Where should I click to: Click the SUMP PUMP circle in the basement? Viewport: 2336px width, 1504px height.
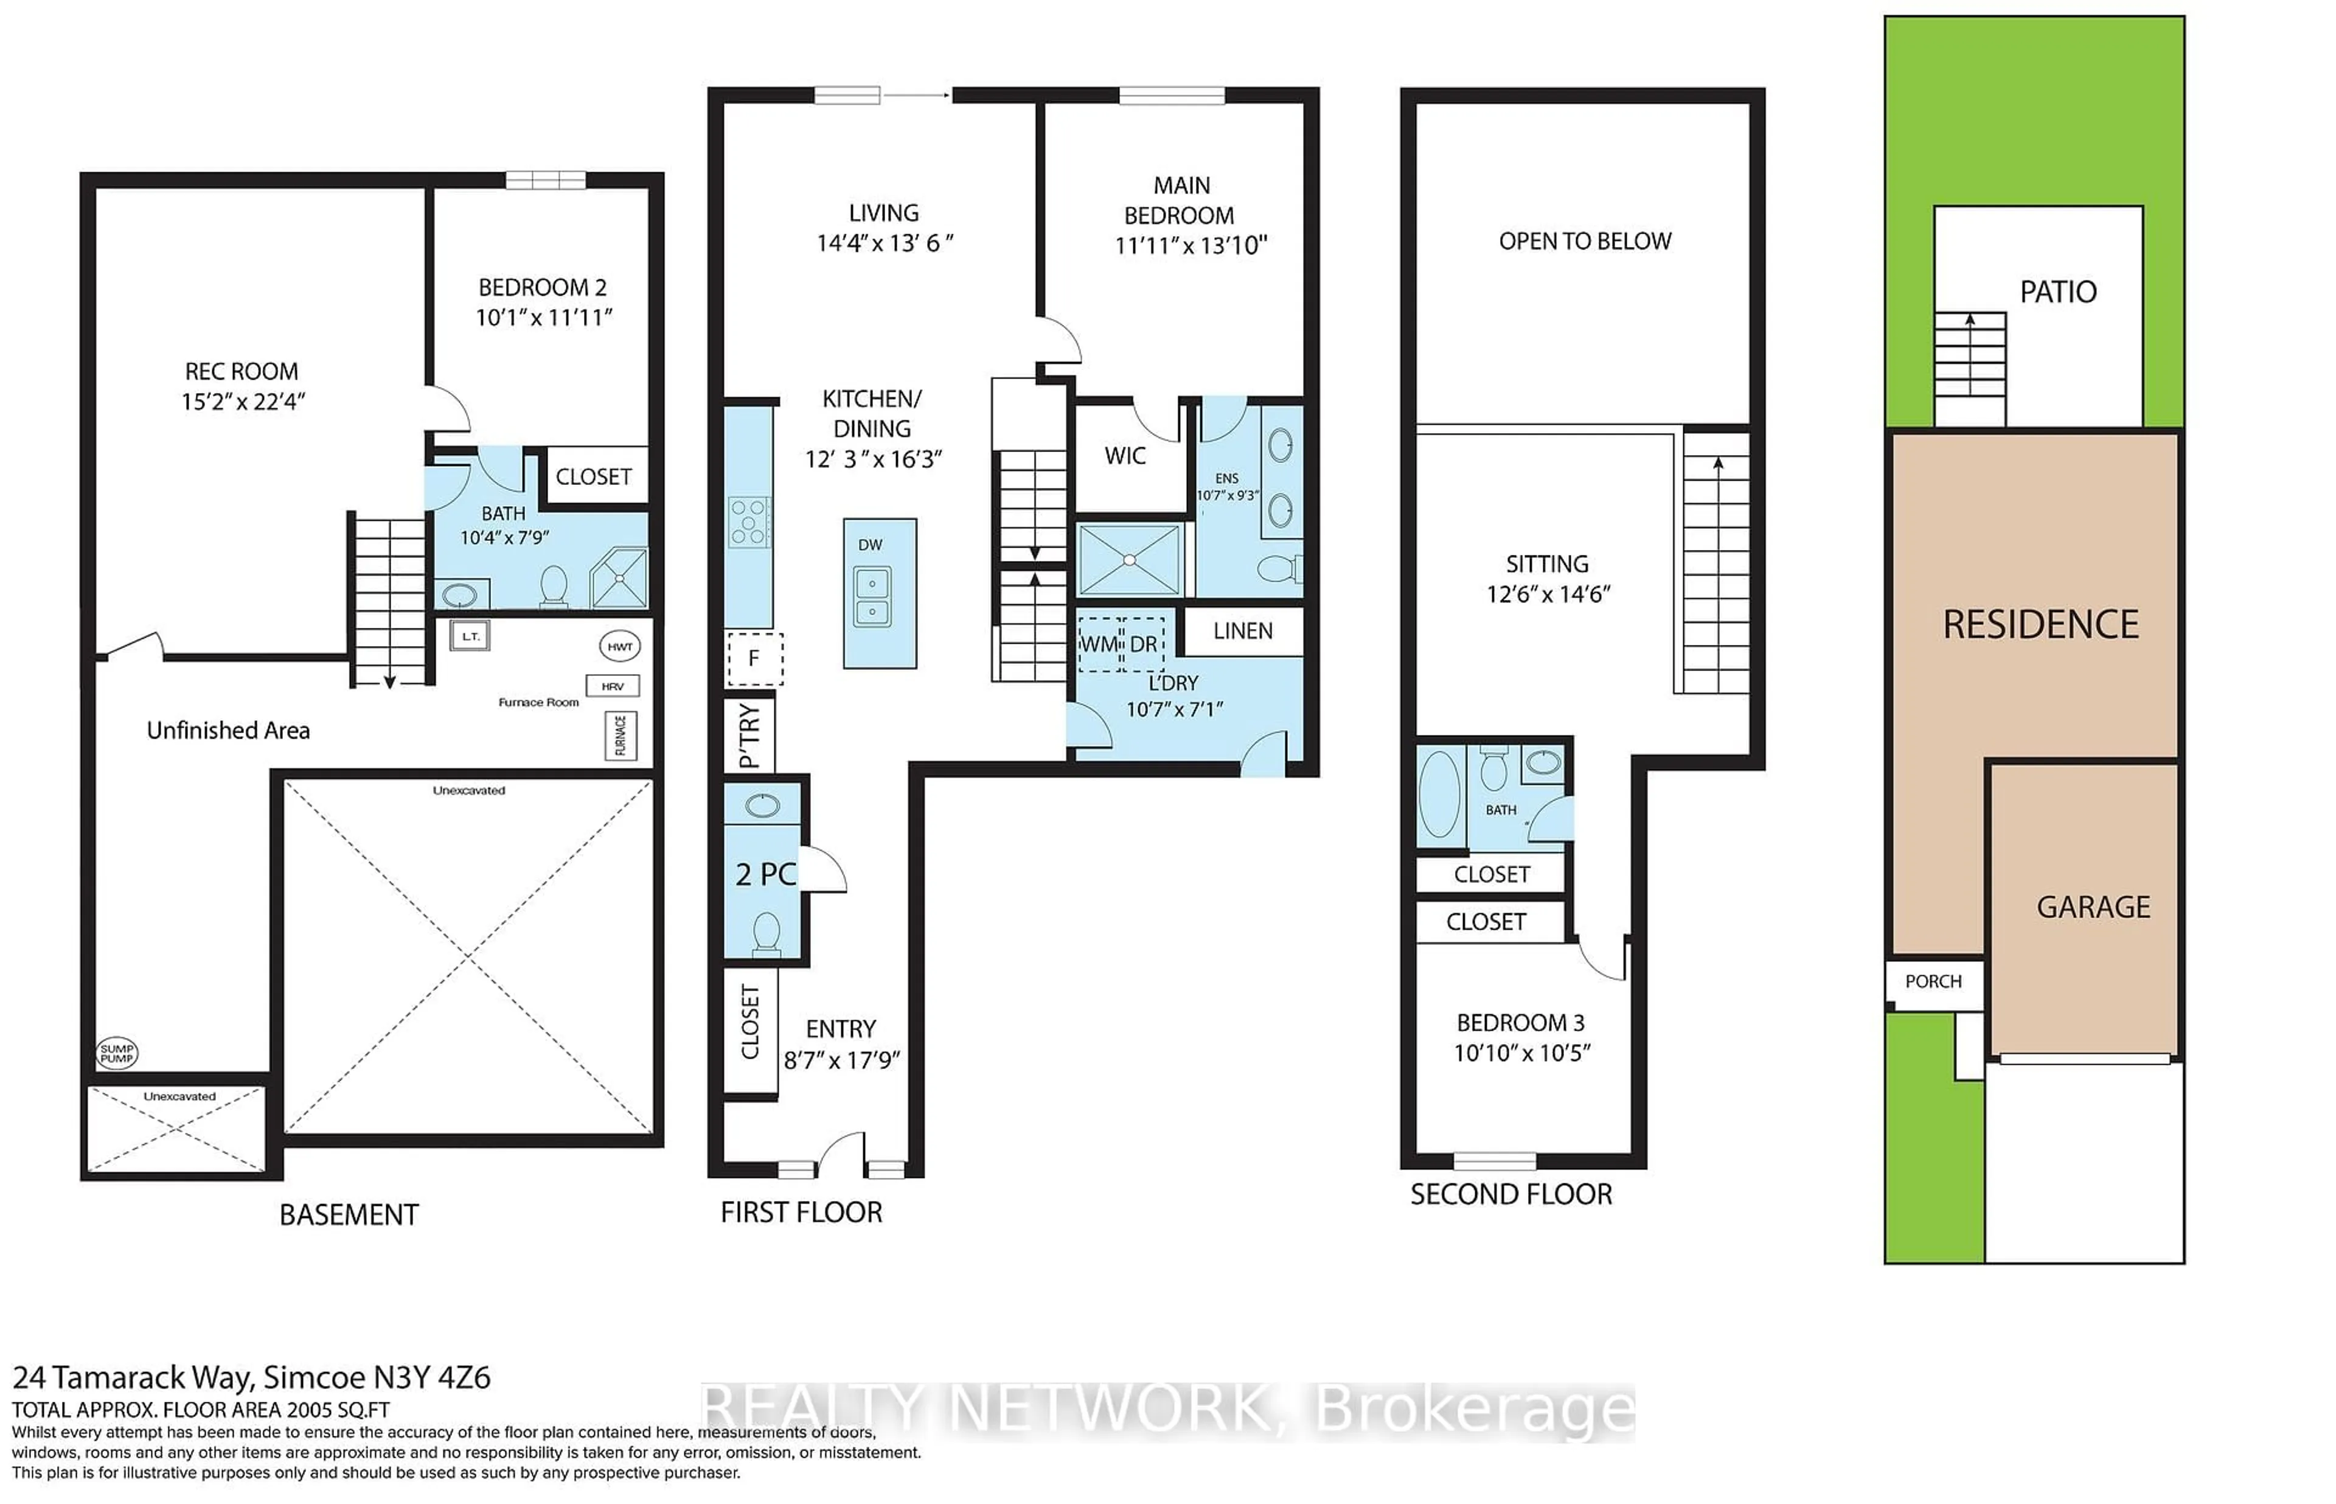click(117, 1053)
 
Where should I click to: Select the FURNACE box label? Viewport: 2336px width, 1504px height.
click(620, 736)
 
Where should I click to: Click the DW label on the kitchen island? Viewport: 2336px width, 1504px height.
click(870, 545)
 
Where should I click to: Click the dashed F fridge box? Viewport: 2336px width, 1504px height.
click(754, 658)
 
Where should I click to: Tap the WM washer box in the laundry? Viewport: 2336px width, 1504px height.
click(1099, 644)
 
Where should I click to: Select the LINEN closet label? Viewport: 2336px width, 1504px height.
click(1243, 631)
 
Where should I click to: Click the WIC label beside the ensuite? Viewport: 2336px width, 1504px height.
click(1125, 456)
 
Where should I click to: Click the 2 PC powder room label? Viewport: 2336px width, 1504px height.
click(765, 874)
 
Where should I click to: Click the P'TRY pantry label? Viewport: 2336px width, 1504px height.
click(749, 736)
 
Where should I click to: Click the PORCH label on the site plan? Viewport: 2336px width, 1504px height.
click(1933, 981)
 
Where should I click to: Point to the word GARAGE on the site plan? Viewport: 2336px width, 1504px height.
click(2093, 907)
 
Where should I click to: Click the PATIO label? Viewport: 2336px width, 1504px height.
click(2058, 292)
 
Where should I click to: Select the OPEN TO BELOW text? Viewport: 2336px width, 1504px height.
click(1584, 241)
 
